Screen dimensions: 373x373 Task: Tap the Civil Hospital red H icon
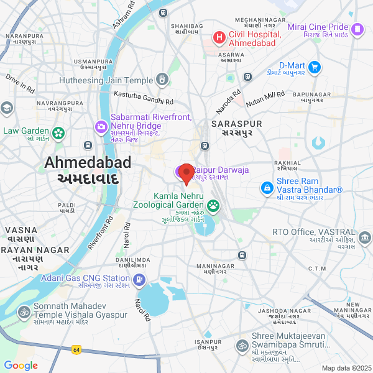219,38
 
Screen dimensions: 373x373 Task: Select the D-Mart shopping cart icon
315,67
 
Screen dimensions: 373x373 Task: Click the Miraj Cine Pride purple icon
357,29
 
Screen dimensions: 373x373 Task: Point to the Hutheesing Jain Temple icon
162,80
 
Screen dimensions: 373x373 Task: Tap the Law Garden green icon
58,132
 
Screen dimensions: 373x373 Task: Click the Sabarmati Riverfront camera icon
101,127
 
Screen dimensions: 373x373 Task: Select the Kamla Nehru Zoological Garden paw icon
213,205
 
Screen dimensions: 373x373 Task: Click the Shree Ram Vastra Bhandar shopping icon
266,186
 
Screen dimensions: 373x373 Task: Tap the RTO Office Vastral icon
365,236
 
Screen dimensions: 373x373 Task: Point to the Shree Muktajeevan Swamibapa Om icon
241,346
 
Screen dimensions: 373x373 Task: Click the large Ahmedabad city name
88,163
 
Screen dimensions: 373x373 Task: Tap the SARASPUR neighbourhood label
236,124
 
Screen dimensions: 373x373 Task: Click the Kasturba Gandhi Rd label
144,98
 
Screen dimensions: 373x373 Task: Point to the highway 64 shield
76,350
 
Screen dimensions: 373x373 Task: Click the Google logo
21,366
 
